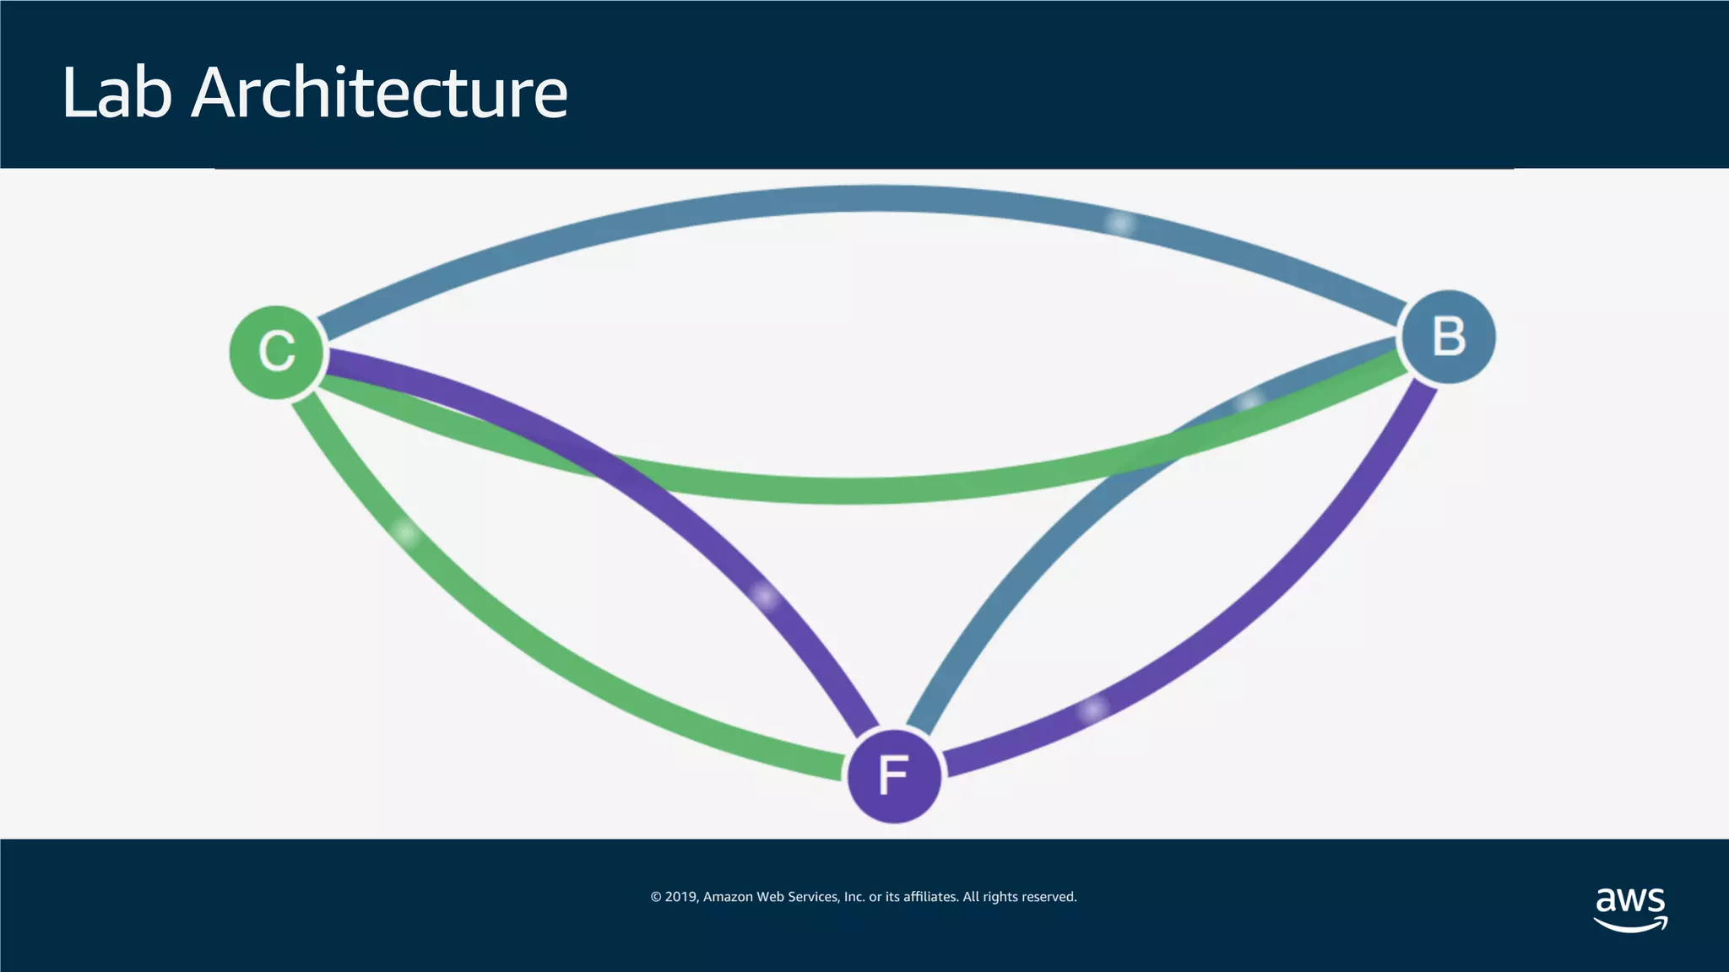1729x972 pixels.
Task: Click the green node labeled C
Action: [x=277, y=352]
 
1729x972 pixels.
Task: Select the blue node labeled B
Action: [x=1449, y=337]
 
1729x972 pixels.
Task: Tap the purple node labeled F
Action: [x=894, y=775]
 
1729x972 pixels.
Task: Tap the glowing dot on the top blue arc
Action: [x=1120, y=224]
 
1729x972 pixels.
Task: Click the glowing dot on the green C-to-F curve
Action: [x=406, y=533]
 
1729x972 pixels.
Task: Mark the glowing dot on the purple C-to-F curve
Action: [x=766, y=597]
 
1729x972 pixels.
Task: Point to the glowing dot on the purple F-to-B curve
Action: [x=1093, y=710]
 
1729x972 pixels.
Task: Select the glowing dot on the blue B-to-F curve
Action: [x=1249, y=402]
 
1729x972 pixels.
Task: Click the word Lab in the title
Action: [x=117, y=92]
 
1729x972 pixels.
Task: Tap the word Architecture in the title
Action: [x=380, y=92]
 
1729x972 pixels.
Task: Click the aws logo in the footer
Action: [x=1630, y=908]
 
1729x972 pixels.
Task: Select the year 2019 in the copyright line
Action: [x=680, y=897]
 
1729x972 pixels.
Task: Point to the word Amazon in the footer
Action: [x=728, y=897]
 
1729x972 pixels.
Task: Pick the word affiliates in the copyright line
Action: [x=930, y=897]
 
